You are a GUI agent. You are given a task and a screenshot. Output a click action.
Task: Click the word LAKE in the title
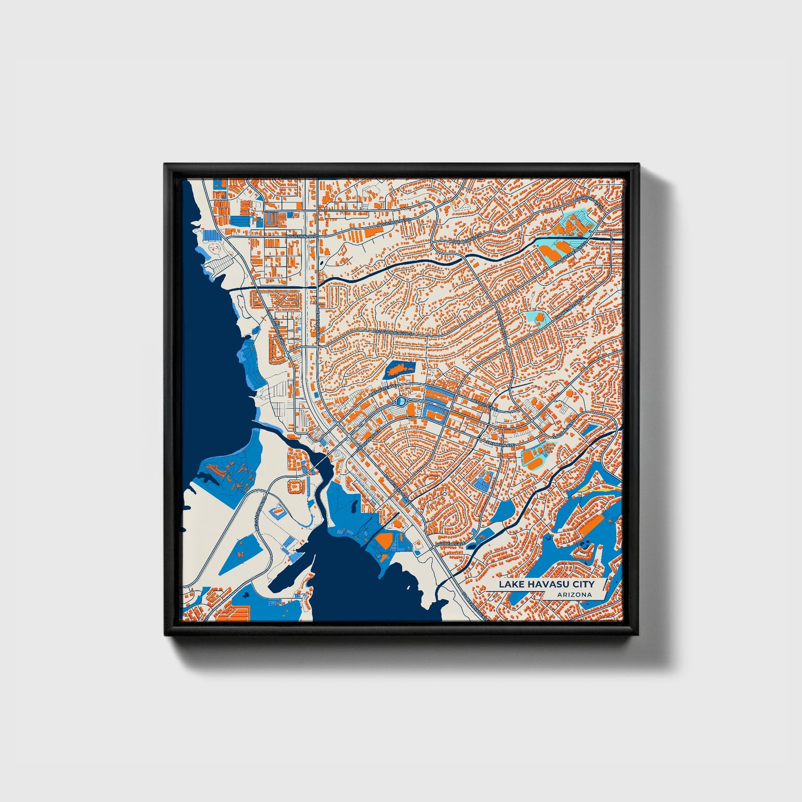pyautogui.click(x=510, y=584)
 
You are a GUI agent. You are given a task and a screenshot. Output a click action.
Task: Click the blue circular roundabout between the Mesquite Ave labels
pyautogui.click(x=401, y=400)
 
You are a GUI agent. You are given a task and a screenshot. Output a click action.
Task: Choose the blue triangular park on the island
pyautogui.click(x=240, y=556)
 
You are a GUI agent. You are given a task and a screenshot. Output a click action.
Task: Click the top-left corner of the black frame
pyautogui.click(x=165, y=165)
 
